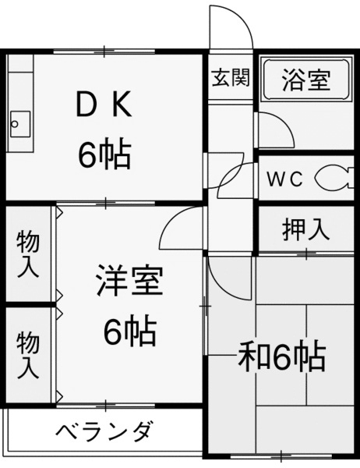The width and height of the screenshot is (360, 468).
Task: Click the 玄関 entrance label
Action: click(x=231, y=77)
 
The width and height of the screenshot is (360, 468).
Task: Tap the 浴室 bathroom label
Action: click(x=306, y=80)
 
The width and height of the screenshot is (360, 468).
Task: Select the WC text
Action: click(x=285, y=179)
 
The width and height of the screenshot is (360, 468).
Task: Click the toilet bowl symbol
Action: click(x=334, y=177)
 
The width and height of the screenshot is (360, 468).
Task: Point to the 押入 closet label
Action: click(x=305, y=229)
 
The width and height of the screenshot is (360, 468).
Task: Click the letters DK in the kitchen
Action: click(x=104, y=104)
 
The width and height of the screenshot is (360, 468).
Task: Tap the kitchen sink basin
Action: click(x=20, y=124)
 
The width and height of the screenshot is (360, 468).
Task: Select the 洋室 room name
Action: click(x=129, y=281)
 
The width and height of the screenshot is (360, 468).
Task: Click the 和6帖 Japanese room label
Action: click(x=281, y=356)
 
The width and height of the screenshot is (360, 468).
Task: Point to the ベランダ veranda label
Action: click(x=105, y=431)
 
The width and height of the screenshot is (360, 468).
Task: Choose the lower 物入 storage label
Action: click(x=28, y=356)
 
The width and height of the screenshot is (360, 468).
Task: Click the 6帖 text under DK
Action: click(x=104, y=155)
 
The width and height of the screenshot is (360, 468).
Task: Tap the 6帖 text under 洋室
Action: click(x=130, y=331)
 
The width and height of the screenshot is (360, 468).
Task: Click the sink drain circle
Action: click(x=14, y=124)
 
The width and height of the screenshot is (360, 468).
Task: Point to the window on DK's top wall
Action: click(x=104, y=51)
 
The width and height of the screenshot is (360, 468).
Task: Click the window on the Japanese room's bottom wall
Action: click(x=281, y=456)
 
